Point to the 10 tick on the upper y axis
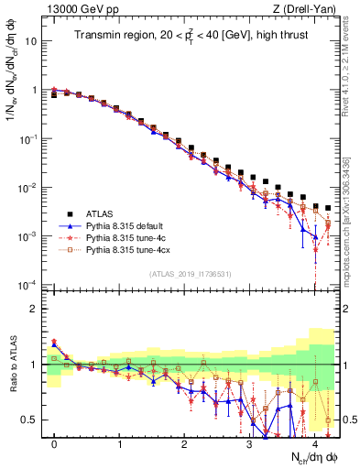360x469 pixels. (31, 42)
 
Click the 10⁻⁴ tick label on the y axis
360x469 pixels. (27, 284)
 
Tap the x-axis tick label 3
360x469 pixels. (249, 443)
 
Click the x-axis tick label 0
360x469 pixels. (54, 443)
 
